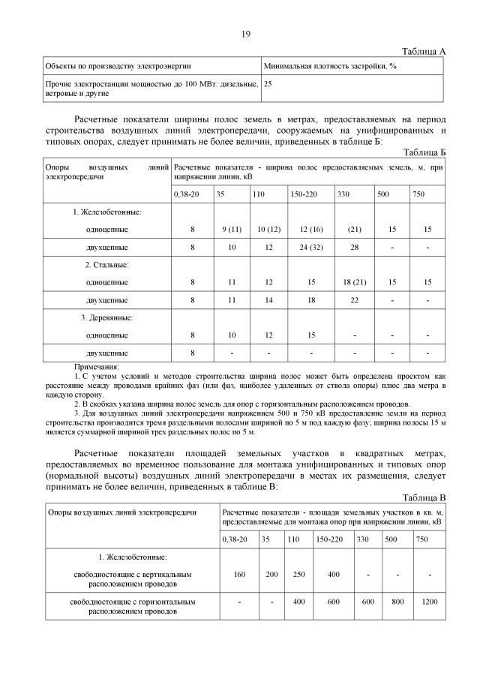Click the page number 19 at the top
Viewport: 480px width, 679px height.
[245, 35]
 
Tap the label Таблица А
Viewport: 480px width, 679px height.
[424, 51]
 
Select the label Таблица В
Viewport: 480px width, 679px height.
[424, 497]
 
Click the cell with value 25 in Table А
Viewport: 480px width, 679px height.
[268, 84]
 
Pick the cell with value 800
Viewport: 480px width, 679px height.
[397, 602]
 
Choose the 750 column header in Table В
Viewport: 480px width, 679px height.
[421, 539]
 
